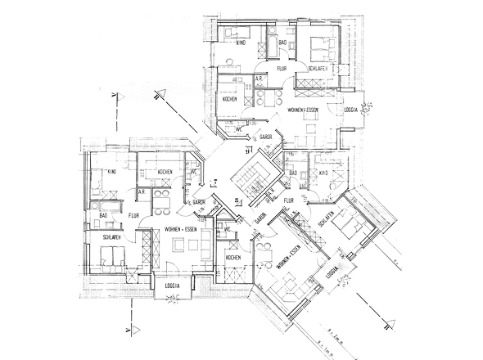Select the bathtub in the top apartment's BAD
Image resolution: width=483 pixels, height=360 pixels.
point(270,41)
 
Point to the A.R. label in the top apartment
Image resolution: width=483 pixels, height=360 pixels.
point(259,79)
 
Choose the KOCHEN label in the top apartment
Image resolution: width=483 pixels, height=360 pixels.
point(230,99)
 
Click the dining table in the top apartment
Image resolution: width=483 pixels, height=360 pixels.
point(309,127)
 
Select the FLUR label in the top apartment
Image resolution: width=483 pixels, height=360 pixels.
point(281,70)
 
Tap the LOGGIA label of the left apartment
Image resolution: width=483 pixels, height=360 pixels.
point(172,286)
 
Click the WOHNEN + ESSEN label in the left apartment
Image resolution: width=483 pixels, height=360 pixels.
point(178,228)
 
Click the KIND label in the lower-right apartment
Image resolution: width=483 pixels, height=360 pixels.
point(323,173)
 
